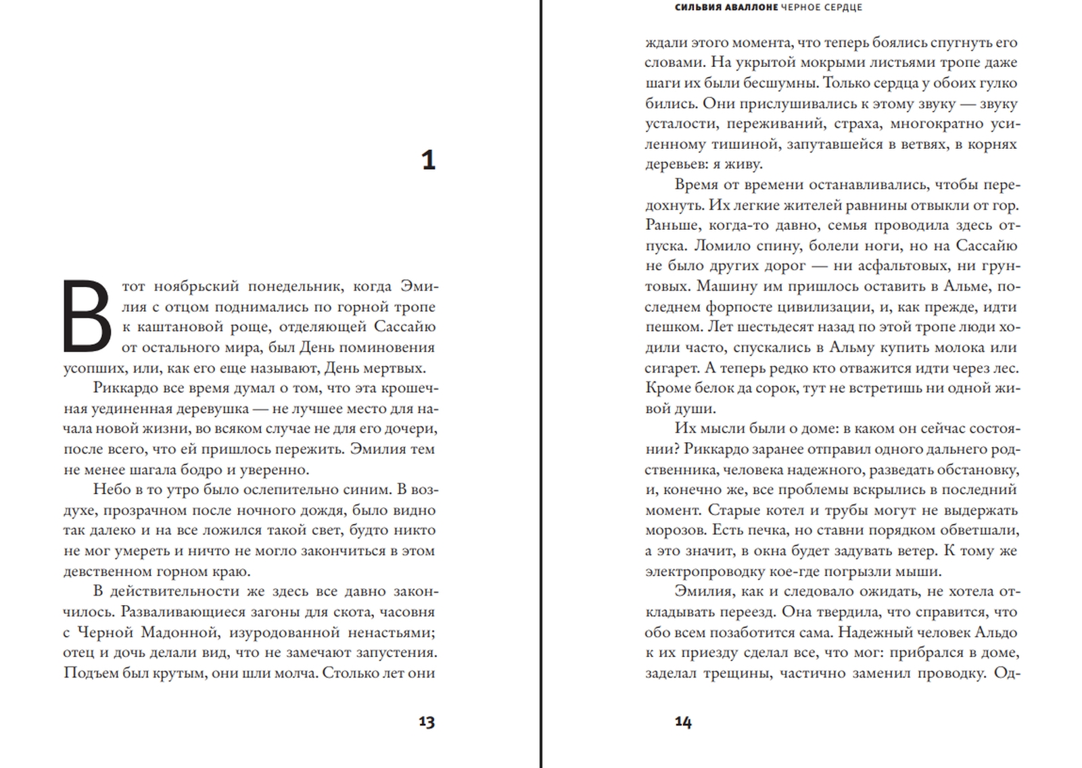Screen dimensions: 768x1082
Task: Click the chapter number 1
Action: click(x=428, y=161)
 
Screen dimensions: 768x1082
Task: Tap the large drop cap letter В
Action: click(x=87, y=316)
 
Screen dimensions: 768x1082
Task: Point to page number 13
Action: click(x=426, y=722)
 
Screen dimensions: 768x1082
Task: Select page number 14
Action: click(x=683, y=722)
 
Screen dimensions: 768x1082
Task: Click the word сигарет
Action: click(x=672, y=368)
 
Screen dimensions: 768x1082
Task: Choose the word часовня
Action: click(x=407, y=612)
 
